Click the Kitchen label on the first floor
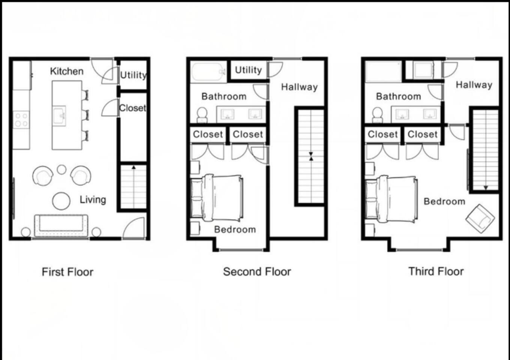67,71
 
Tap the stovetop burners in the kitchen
21,120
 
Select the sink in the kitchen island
59,115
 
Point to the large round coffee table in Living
61,201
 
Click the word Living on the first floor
93,200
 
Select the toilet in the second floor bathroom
202,115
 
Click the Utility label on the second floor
248,70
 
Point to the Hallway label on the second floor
299,87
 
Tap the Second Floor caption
257,271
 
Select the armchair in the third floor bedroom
480,219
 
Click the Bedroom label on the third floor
444,201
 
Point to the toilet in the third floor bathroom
377,115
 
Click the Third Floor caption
436,271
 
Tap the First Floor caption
68,272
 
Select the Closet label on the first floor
132,108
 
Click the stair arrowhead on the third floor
486,188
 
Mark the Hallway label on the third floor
474,85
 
